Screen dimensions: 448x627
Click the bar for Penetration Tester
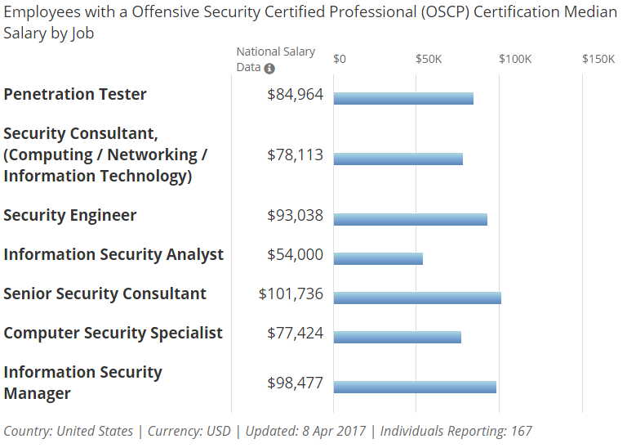(403, 99)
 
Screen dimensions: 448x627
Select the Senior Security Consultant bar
(417, 298)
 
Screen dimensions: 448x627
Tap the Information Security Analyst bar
(378, 259)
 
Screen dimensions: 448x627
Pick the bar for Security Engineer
(410, 219)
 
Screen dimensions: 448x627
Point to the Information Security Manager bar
(415, 388)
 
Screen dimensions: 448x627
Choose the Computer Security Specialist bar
(398, 338)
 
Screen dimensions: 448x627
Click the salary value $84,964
(295, 95)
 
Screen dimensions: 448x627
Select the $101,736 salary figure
(291, 294)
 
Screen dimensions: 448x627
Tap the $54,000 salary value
(295, 255)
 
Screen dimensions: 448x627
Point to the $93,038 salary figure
(295, 216)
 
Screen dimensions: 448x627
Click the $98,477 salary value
(295, 383)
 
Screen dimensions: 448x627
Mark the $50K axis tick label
(429, 59)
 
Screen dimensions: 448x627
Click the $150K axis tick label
(598, 59)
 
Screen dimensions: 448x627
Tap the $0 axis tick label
(340, 59)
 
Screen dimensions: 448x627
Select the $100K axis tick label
(514, 59)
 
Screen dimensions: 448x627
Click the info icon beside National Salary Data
(269, 69)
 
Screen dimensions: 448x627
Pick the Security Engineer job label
(70, 216)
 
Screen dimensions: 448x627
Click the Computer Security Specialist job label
(113, 334)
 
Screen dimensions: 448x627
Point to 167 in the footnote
(521, 431)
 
